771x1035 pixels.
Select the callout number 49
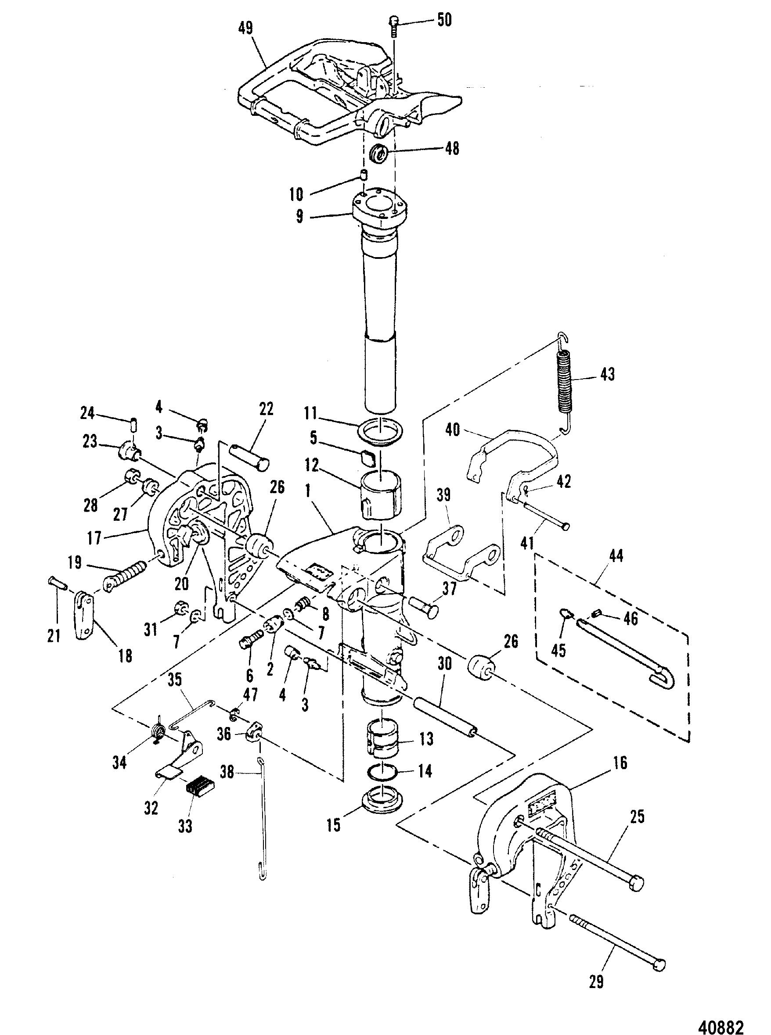[246, 28]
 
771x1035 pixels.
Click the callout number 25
[638, 817]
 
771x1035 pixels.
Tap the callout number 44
[616, 555]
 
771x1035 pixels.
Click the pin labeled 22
[250, 457]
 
